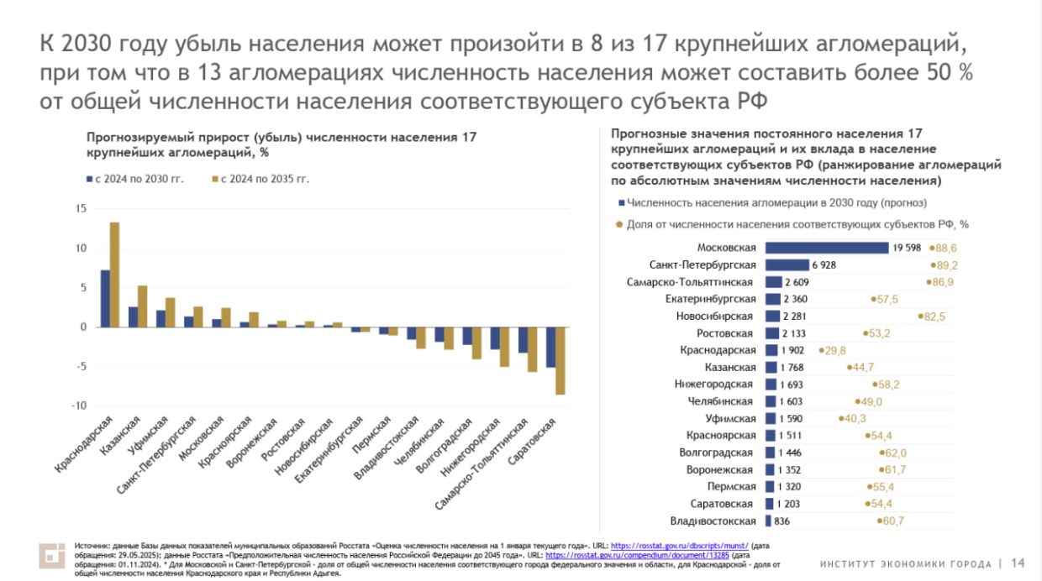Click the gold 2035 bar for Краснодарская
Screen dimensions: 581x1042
pyautogui.click(x=114, y=275)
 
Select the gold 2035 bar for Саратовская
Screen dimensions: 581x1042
pyautogui.click(x=560, y=360)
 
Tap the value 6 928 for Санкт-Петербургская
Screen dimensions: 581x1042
pyautogui.click(x=824, y=264)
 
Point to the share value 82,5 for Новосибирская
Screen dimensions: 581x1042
pyautogui.click(x=934, y=316)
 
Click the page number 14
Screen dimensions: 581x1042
pyautogui.click(x=1018, y=563)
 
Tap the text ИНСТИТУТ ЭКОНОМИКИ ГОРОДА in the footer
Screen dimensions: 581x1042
pyautogui.click(x=907, y=563)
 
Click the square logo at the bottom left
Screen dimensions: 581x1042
pyautogui.click(x=52, y=556)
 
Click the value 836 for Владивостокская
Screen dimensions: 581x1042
pyautogui.click(x=781, y=521)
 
